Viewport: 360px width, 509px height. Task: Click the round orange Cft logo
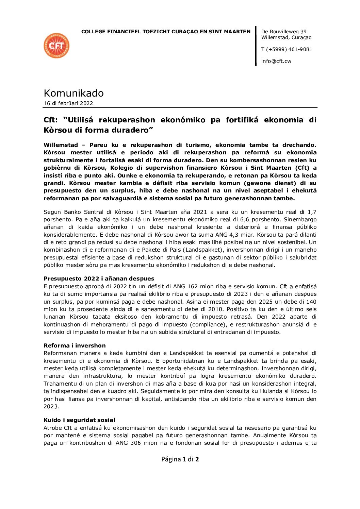(56, 46)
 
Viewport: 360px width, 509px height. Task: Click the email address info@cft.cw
(276, 61)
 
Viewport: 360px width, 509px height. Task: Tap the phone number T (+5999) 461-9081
(287, 49)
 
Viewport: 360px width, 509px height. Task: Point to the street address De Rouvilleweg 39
(284, 32)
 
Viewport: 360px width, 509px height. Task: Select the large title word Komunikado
(73, 93)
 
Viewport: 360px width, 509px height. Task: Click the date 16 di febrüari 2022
(68, 103)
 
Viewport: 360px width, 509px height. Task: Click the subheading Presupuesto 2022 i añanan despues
(99, 279)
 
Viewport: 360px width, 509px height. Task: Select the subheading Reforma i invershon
(75, 345)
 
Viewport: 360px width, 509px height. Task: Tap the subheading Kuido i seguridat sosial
(79, 420)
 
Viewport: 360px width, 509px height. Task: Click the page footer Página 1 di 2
(180, 459)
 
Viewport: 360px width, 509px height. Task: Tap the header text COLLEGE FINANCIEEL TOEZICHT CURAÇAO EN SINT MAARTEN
(166, 32)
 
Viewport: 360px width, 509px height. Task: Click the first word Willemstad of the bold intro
(61, 145)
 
